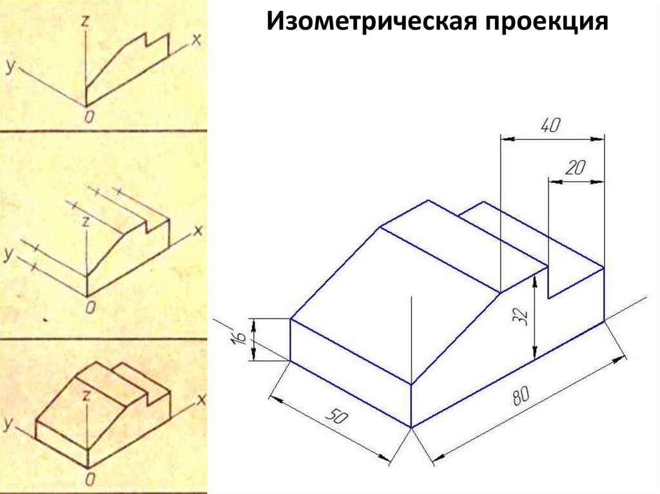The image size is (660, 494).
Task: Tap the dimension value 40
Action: [550, 126]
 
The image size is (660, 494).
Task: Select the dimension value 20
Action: [575, 169]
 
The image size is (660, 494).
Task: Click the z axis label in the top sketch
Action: [84, 21]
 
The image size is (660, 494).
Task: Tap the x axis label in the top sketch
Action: [197, 39]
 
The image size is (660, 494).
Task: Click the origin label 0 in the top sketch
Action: [88, 116]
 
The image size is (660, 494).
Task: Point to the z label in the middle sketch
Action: [84, 221]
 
